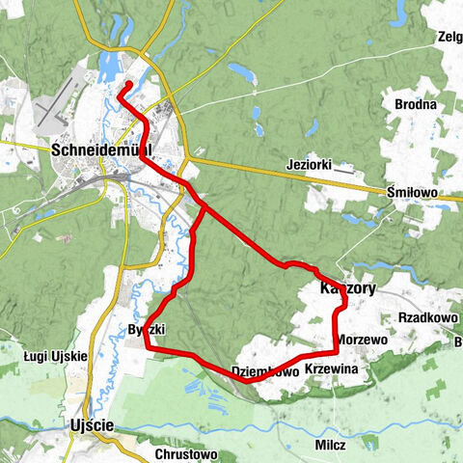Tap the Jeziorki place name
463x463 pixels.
click(x=310, y=165)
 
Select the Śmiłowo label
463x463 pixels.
click(x=412, y=193)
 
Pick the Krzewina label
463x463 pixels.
click(x=331, y=369)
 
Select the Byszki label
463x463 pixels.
click(x=148, y=330)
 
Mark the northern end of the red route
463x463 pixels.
click(x=123, y=88)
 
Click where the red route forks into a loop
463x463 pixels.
click(x=204, y=204)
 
